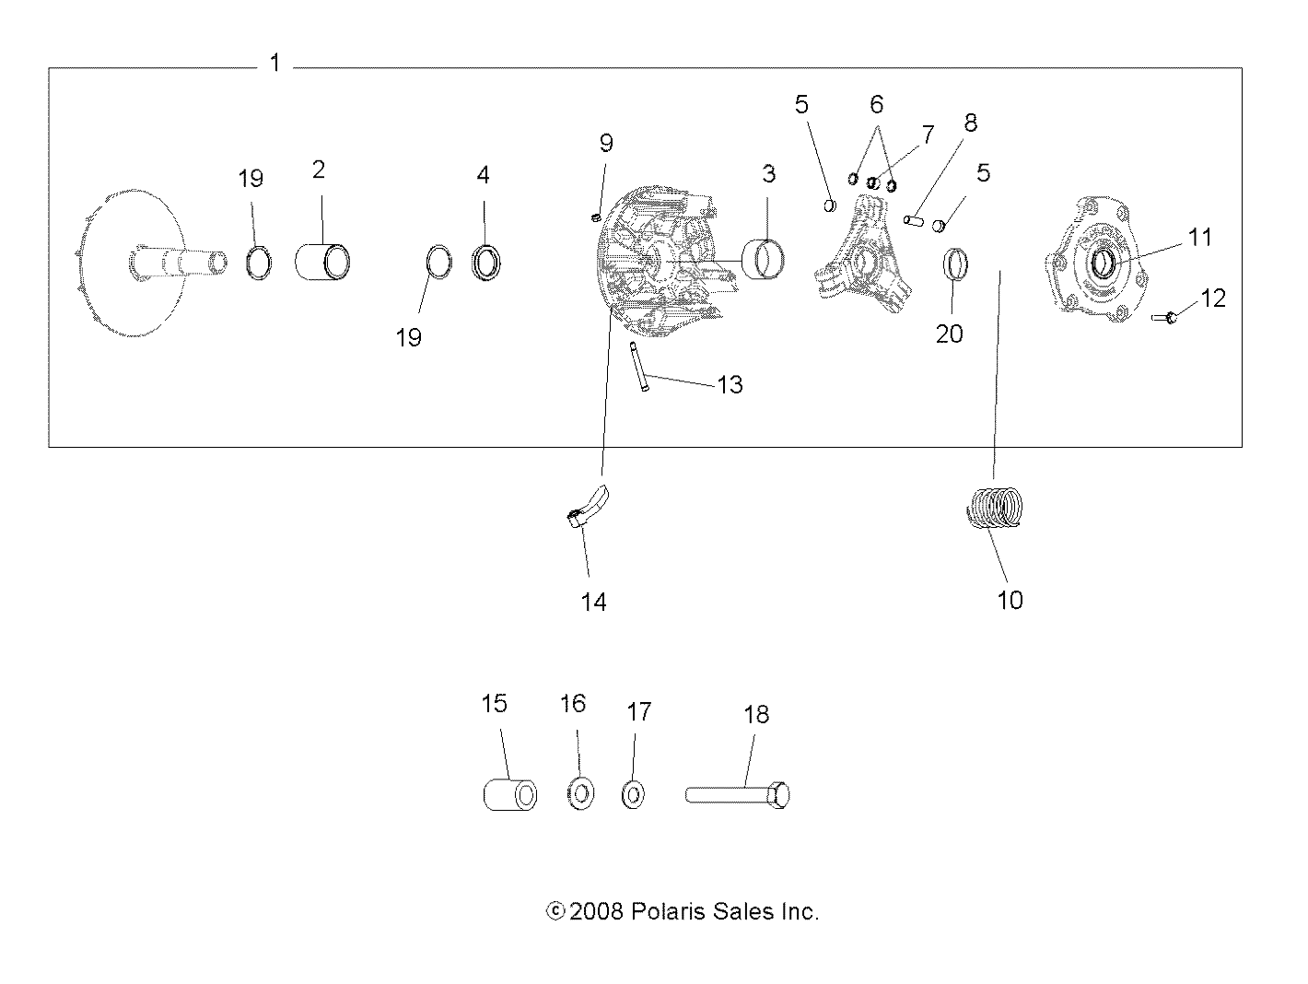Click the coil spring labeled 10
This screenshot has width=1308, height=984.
click(996, 509)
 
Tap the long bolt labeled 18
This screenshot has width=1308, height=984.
click(737, 794)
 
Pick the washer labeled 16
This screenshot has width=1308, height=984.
click(579, 793)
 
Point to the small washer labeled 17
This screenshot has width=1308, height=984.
click(633, 793)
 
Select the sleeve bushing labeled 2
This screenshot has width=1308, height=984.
click(321, 261)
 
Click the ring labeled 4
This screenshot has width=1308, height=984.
click(485, 262)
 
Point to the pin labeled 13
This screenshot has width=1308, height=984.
click(637, 367)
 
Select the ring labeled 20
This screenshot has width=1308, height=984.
click(955, 264)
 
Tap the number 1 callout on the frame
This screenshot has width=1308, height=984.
click(274, 63)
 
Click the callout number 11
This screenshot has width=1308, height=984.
click(1198, 237)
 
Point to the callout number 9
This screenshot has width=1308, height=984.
click(605, 143)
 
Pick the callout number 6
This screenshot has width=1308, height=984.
click(876, 104)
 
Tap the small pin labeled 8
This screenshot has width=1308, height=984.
click(913, 220)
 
